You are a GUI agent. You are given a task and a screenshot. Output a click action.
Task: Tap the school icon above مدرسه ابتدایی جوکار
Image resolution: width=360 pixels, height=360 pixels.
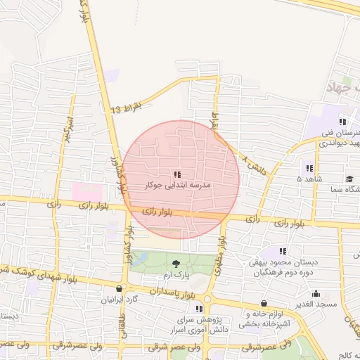tap(176, 174)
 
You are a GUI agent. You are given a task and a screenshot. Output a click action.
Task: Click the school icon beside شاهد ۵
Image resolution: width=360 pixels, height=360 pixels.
tap(309, 167)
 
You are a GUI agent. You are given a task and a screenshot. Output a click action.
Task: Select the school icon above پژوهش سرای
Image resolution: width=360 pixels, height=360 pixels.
tap(200, 309)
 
